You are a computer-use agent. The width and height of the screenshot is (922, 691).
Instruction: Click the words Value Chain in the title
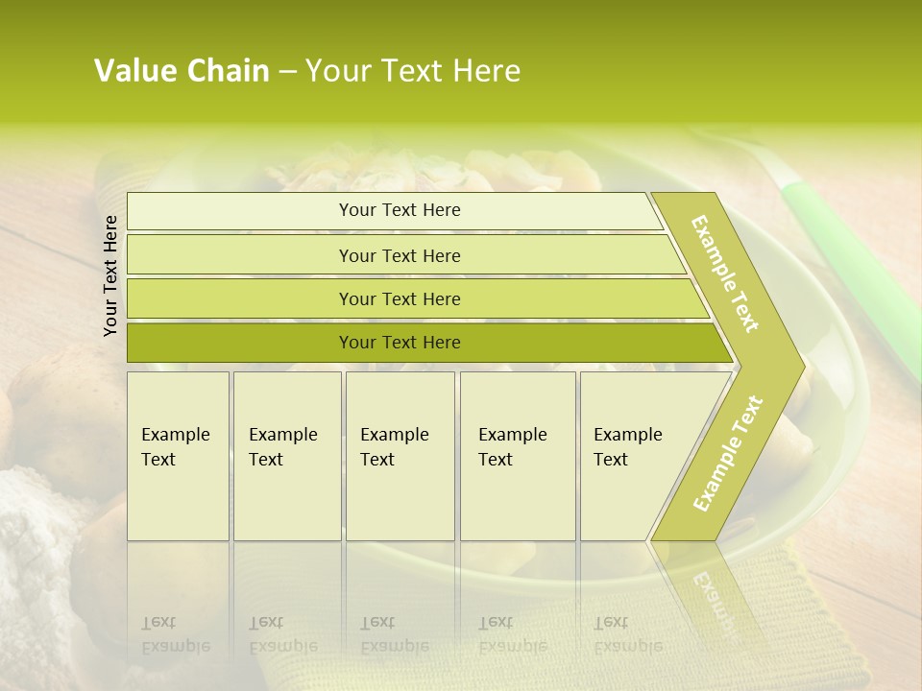pos(182,71)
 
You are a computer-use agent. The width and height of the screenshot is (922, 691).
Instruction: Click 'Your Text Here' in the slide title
pos(413,71)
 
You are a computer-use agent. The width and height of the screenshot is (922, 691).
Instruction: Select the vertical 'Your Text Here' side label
pos(110,275)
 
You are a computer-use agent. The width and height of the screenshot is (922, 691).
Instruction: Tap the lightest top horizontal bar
pos(400,210)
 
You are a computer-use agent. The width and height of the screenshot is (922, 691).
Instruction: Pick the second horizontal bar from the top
pos(400,255)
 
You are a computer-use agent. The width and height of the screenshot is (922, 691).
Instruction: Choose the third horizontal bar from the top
pos(400,298)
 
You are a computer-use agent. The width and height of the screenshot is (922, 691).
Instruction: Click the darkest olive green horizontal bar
pos(400,343)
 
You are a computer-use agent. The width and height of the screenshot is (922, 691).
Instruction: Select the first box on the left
pos(178,456)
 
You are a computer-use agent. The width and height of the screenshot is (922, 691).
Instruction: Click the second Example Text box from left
pos(286,456)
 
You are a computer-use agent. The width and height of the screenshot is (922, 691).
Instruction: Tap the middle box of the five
pos(400,456)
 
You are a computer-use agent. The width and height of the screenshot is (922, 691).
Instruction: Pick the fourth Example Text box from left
pos(517,456)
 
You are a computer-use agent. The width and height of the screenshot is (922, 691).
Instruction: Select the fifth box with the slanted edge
pos(634,456)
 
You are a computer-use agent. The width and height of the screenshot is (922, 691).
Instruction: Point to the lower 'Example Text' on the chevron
pos(728,453)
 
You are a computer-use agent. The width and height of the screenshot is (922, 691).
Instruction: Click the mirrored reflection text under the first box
pos(175,634)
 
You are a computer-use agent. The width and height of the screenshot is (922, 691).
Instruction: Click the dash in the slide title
pos(287,72)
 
